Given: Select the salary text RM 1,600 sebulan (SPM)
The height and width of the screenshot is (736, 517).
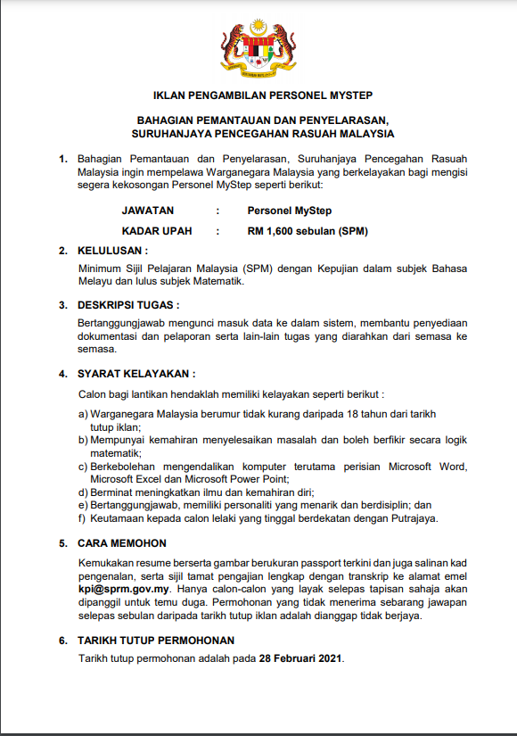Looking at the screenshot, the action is [308, 231].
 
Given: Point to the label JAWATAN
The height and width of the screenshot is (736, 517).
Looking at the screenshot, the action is [148, 211].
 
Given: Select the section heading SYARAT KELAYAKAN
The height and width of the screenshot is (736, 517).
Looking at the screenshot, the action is [137, 373].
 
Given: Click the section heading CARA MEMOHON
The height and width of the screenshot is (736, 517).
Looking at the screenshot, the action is [122, 542].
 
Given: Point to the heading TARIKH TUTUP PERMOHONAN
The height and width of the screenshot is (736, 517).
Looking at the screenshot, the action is [156, 641].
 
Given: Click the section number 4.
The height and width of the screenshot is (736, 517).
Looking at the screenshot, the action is [62, 373].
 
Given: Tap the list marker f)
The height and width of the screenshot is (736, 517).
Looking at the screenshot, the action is [83, 518].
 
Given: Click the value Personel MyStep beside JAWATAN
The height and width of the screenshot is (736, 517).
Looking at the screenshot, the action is [290, 211].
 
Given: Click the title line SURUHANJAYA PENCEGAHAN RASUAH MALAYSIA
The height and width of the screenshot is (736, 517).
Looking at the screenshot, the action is [262, 134].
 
